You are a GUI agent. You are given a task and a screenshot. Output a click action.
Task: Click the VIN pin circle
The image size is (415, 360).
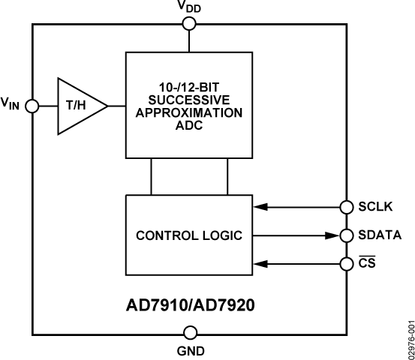pos(32,106)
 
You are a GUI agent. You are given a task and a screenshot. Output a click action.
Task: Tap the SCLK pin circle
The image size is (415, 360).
pos(347,207)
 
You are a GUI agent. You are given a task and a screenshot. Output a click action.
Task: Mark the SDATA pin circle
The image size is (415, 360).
pos(347,235)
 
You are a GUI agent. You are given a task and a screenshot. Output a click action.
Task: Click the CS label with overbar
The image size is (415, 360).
pos(368,263)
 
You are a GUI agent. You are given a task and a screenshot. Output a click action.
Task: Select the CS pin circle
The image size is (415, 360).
pos(347,263)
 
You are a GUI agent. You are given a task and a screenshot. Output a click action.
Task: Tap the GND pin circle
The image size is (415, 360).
pos(190,333)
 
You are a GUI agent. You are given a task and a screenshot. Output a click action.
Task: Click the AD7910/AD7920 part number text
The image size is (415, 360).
pos(190,306)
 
